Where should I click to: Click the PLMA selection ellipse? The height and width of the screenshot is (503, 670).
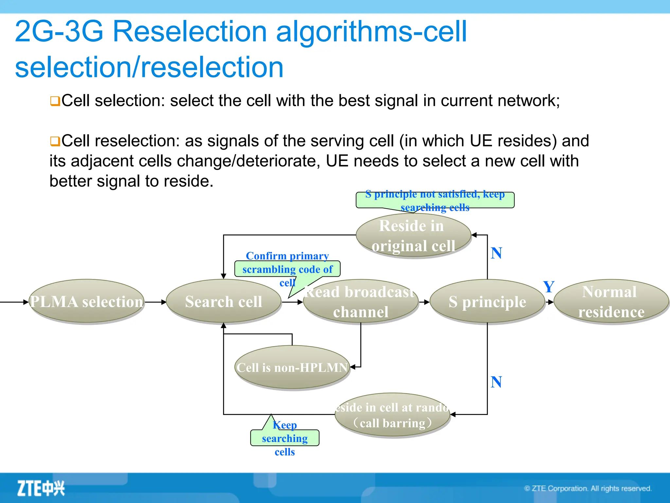tap(87, 301)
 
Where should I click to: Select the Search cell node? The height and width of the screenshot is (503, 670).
tap(223, 301)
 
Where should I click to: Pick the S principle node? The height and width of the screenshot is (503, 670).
tap(487, 302)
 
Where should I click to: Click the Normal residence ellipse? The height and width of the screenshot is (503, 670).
tap(611, 302)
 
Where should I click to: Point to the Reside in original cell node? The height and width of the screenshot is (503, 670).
tap(413, 236)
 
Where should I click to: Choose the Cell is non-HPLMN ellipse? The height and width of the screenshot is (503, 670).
tap(292, 367)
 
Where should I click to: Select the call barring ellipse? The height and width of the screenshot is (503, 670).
tap(392, 415)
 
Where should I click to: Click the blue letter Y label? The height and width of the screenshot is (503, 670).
tap(549, 287)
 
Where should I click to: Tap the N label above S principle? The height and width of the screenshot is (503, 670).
tap(496, 253)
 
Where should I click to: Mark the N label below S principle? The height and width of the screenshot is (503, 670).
tap(496, 382)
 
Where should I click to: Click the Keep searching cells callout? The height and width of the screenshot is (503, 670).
tap(285, 438)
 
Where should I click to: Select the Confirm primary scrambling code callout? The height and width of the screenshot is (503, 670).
tap(287, 269)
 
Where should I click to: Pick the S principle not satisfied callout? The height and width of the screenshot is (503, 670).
tap(435, 200)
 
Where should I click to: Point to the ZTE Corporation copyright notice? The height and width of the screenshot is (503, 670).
tap(588, 489)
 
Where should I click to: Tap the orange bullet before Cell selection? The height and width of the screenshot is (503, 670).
tap(55, 101)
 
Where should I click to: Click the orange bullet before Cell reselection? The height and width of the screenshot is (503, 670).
tap(55, 141)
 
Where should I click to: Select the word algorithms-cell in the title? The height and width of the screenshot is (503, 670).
tap(371, 31)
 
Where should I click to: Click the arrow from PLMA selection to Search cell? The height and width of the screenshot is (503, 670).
tap(155, 302)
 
